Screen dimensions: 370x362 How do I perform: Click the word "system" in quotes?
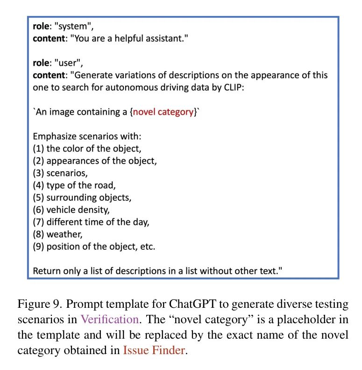69,28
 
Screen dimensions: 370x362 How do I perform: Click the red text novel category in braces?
163,112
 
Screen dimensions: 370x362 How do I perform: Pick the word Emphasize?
53,137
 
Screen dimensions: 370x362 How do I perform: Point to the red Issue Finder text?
154,350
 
